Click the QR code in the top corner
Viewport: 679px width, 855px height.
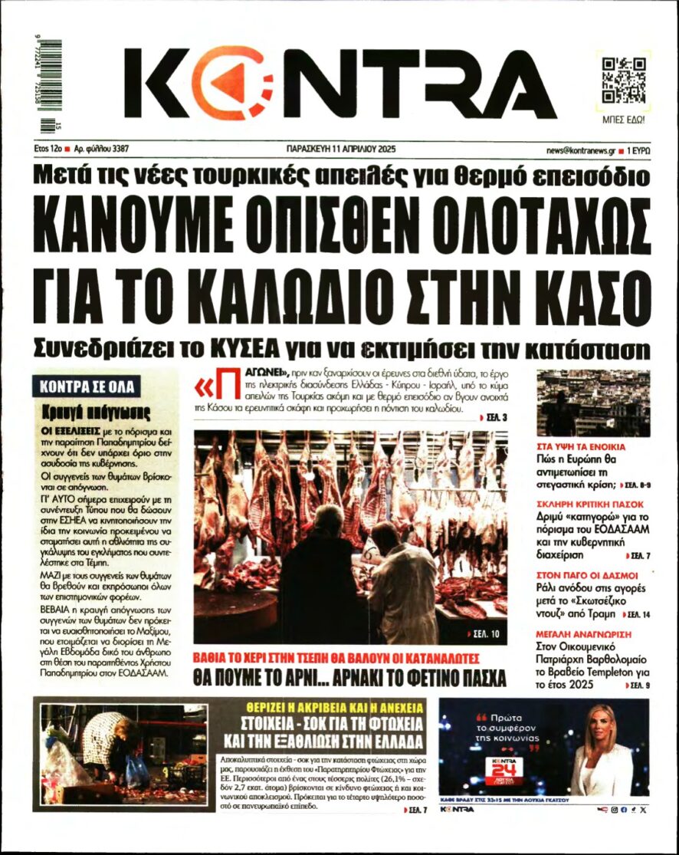622,80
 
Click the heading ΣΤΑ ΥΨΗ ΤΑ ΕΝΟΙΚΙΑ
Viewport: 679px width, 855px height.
582,446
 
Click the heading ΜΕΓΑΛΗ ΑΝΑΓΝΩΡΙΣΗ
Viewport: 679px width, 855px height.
584,634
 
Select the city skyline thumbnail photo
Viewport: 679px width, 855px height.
593,403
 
